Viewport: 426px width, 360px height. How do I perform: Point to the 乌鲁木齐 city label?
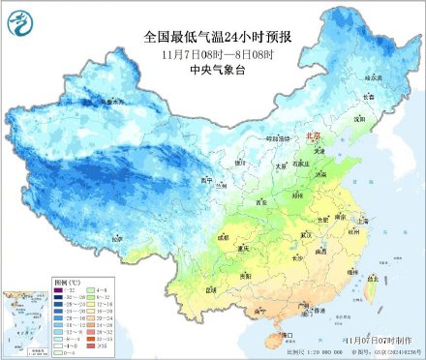(x=113, y=101)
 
